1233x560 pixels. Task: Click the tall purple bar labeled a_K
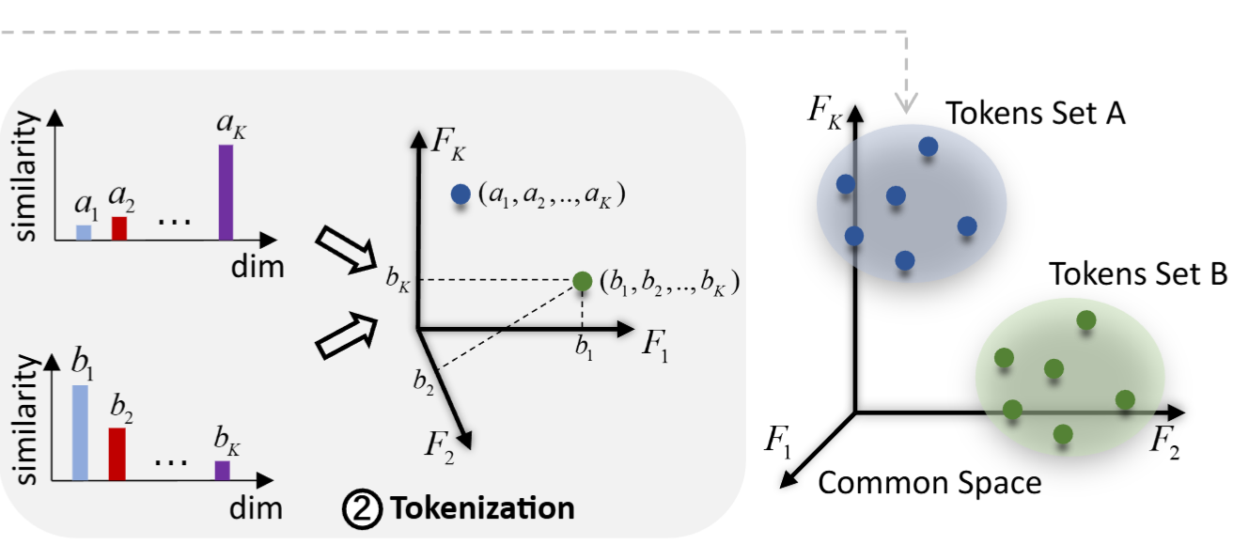226,192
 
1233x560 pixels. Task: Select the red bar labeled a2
118,228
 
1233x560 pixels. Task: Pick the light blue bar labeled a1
84,232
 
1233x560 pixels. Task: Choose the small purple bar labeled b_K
222,470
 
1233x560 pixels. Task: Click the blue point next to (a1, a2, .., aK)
460,194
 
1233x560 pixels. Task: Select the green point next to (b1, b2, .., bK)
583,280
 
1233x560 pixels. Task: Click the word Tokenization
482,508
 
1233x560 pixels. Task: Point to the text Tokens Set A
1036,114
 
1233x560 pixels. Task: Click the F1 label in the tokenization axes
656,345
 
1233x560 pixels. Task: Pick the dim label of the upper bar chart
257,266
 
